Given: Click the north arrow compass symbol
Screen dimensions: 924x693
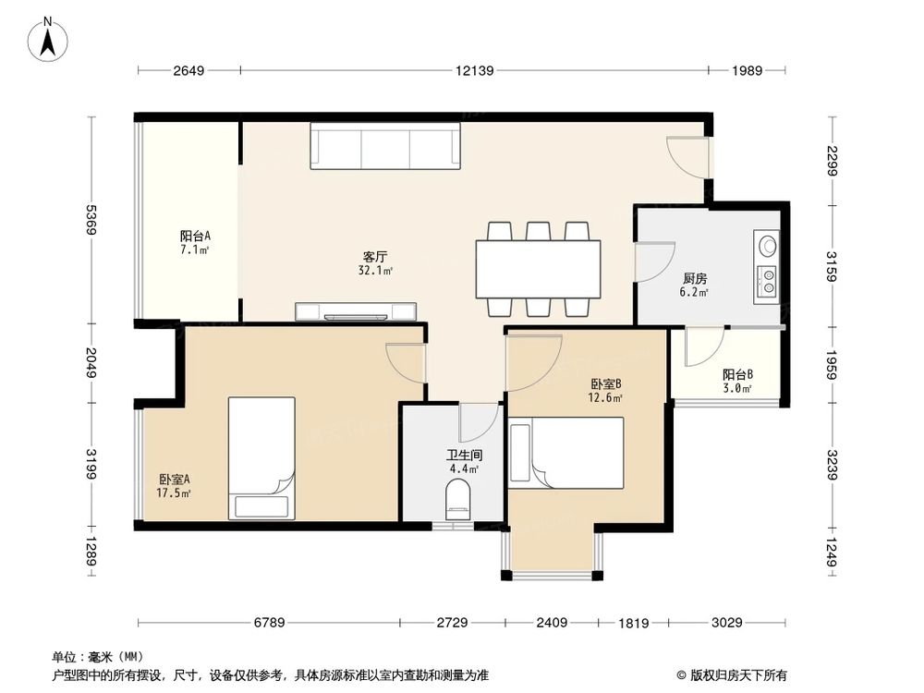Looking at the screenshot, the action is tap(48, 40).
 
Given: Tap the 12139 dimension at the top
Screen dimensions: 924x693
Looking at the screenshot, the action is tap(474, 71).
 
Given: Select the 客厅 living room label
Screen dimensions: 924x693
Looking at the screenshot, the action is tap(375, 257).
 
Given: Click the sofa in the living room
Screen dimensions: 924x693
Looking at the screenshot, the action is tap(385, 146).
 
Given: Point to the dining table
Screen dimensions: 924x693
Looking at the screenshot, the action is tap(539, 269).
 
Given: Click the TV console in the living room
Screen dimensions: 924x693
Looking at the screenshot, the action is tap(356, 311).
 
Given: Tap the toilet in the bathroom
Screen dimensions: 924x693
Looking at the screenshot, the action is tap(458, 500).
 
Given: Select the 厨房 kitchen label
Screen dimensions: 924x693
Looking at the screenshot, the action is tap(695, 278).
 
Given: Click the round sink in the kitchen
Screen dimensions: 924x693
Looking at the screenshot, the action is tap(767, 245).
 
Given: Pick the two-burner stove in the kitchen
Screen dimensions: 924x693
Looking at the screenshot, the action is tap(766, 282).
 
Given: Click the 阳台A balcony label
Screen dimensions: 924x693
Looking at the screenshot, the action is tap(195, 237).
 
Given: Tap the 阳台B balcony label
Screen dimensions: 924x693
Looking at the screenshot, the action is tap(737, 375).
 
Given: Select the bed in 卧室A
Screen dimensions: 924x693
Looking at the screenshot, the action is tap(261, 458).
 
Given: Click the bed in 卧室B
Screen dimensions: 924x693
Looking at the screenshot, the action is tap(566, 453).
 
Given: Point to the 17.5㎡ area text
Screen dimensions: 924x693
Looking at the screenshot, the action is tap(174, 492).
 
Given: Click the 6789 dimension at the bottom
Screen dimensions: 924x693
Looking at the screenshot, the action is tap(269, 622).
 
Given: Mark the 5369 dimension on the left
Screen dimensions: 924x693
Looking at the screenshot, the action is tap(91, 220).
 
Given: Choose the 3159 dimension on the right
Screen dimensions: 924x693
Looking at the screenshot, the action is tap(831, 266).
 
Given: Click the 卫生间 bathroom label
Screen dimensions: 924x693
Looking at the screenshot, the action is tap(465, 455).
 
